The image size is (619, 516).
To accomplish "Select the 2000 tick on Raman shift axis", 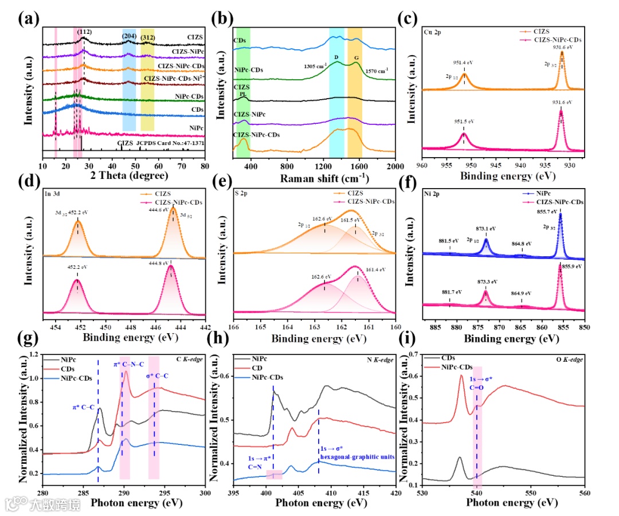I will click(x=395, y=166).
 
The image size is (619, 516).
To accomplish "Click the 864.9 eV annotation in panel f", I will click(x=521, y=293).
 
